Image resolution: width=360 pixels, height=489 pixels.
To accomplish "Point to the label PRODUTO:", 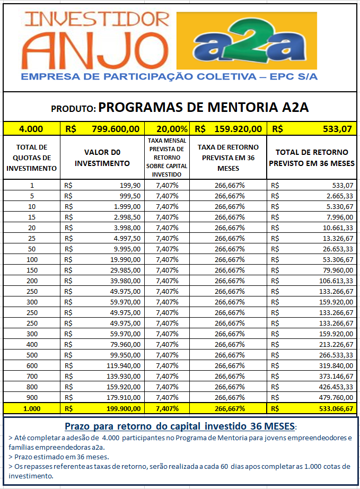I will [x=74, y=109].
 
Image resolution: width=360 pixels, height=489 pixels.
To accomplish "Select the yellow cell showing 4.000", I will [x=31, y=129].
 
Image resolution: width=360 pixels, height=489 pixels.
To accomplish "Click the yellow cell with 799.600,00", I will [x=116, y=129].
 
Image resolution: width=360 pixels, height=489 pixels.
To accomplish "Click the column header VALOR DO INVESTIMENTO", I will [x=102, y=158].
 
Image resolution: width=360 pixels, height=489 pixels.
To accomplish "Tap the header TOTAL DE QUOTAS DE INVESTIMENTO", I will [x=31, y=158].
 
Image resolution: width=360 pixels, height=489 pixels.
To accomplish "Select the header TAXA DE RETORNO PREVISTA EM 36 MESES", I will [x=228, y=158].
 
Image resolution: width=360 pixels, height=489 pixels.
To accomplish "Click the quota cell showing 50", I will [x=32, y=249].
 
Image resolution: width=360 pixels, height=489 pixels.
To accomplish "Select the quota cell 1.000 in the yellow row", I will [x=32, y=408].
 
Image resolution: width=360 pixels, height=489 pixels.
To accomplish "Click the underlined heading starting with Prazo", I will [x=181, y=426].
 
